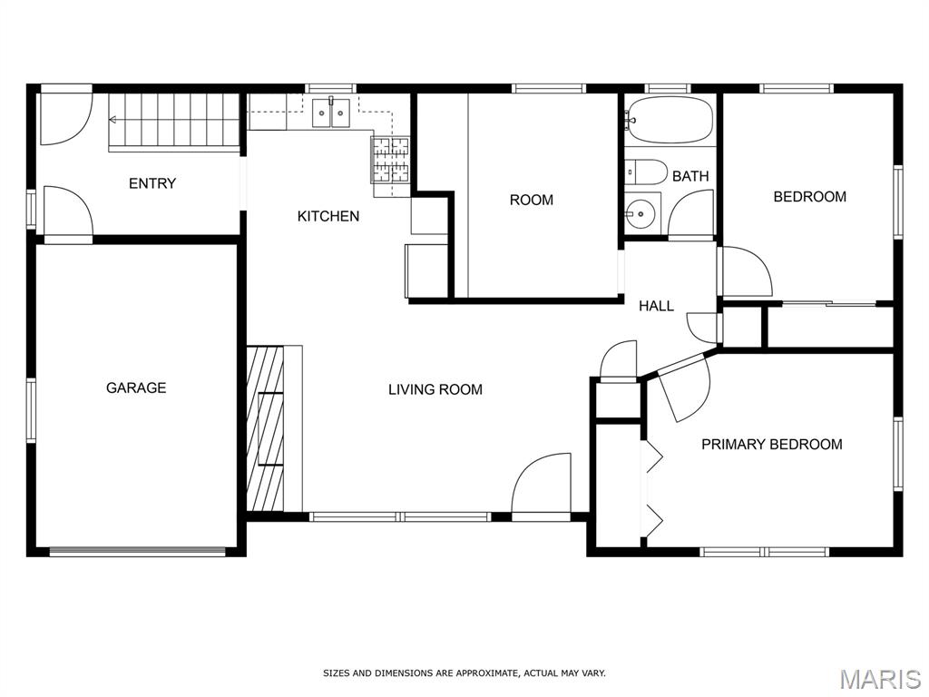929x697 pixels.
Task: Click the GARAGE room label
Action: pyautogui.click(x=136, y=388)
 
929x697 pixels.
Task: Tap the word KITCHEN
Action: pyautogui.click(x=328, y=216)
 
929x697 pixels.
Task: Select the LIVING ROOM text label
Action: pyautogui.click(x=435, y=389)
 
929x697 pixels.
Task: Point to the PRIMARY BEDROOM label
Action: pyautogui.click(x=771, y=444)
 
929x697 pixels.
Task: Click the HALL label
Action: pyautogui.click(x=656, y=306)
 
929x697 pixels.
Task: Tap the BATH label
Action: pyautogui.click(x=690, y=176)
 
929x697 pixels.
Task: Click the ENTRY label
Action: pyautogui.click(x=152, y=183)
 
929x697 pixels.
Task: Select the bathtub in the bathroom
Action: pyautogui.click(x=670, y=121)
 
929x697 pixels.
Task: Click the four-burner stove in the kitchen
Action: pyautogui.click(x=390, y=160)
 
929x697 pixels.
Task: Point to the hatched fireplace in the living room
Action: pyautogui.click(x=265, y=428)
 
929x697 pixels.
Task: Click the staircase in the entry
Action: pyautogui.click(x=173, y=123)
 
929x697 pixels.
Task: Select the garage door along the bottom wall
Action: pyautogui.click(x=138, y=552)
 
